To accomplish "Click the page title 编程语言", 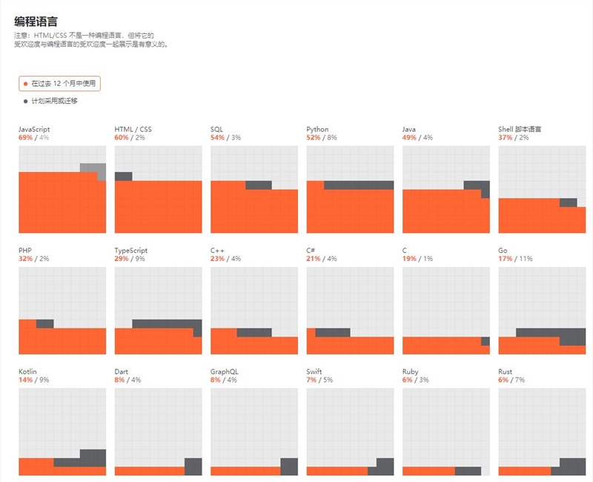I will [x=36, y=21].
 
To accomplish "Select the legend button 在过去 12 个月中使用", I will [x=59, y=84].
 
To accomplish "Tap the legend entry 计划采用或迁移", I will [x=54, y=101].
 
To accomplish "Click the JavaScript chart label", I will [x=34, y=129].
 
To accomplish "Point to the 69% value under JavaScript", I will [x=26, y=137].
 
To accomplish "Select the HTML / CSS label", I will [x=133, y=129].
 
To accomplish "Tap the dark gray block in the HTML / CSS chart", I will [x=123, y=176].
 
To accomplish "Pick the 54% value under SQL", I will [x=217, y=137].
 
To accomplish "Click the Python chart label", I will [x=317, y=129].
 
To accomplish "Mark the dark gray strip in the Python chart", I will [x=359, y=185].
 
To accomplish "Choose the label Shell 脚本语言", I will [x=520, y=129].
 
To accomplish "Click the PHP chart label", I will [x=25, y=251].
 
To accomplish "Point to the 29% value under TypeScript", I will [x=122, y=259].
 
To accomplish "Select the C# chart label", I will [x=311, y=251].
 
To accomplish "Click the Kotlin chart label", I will [x=27, y=372].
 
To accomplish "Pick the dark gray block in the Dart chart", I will [x=193, y=466].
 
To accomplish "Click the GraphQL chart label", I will [x=225, y=372].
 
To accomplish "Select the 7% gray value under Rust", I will [x=520, y=380].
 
